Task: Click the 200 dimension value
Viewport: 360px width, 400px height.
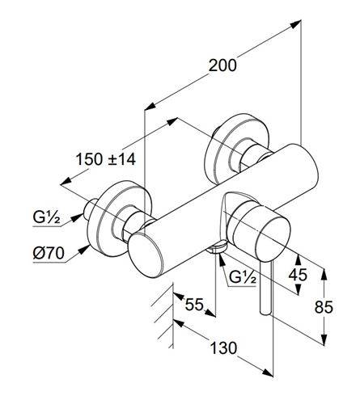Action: coord(222,65)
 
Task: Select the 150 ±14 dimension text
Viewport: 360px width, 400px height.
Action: coord(106,159)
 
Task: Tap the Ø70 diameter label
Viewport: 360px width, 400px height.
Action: coord(49,253)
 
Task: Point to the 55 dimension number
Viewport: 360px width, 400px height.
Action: coord(194,305)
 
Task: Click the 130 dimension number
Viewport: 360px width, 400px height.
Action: coord(223,347)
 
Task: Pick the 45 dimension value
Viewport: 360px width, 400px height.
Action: coord(298,275)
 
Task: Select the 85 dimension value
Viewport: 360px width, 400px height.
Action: coord(324,307)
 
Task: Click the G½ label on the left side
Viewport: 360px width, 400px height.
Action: coord(46,217)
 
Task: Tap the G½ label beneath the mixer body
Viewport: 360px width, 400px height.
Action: coord(243,276)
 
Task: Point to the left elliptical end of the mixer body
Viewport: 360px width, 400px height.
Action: coord(146,255)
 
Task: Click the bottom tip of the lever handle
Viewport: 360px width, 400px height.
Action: coord(265,313)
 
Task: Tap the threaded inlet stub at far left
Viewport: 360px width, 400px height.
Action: coord(89,208)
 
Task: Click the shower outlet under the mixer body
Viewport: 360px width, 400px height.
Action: coord(216,248)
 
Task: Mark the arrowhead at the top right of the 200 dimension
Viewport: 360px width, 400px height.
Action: coord(295,23)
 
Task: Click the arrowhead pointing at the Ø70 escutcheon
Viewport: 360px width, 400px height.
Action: coord(84,250)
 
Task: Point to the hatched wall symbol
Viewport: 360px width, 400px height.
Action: coord(163,315)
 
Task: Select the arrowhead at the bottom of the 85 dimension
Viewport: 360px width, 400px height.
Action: coord(324,339)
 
